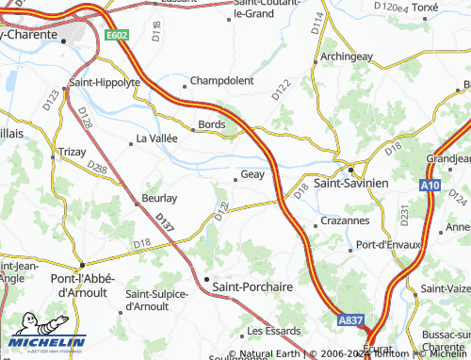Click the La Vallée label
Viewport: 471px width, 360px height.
[x=157, y=138]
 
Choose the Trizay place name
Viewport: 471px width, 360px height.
[x=72, y=151]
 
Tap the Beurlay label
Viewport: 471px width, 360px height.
[x=159, y=199]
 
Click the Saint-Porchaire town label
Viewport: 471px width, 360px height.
[x=253, y=286]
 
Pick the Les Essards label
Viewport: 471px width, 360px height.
[x=273, y=331]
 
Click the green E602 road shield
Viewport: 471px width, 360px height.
[x=117, y=36]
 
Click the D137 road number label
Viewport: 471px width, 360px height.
[x=165, y=223]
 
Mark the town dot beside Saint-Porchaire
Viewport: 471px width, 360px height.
[x=206, y=279]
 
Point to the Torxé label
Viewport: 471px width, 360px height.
[x=424, y=7]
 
